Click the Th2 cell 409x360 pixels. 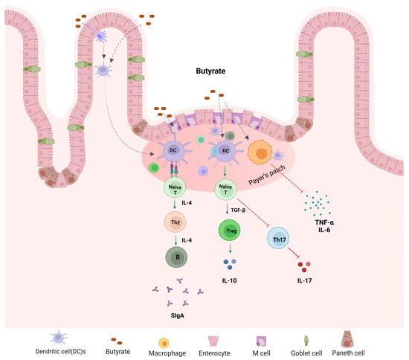tap(175, 222)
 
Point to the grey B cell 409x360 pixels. tap(175, 257)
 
